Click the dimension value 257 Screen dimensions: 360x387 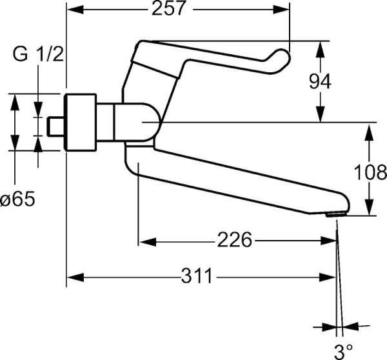coord(169,8)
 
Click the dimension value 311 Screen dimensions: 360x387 coord(195,277)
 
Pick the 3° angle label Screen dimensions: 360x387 coord(342,352)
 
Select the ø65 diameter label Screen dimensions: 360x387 coord(17,200)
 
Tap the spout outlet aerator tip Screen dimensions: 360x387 coord(335,215)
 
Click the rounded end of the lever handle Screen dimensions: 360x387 coord(280,61)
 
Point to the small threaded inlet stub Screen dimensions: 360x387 coord(57,125)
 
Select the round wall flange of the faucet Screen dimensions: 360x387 coord(81,123)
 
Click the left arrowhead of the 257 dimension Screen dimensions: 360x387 coord(72,9)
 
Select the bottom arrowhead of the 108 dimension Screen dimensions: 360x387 coord(369,212)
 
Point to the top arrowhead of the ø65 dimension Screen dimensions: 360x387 coord(15,97)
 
